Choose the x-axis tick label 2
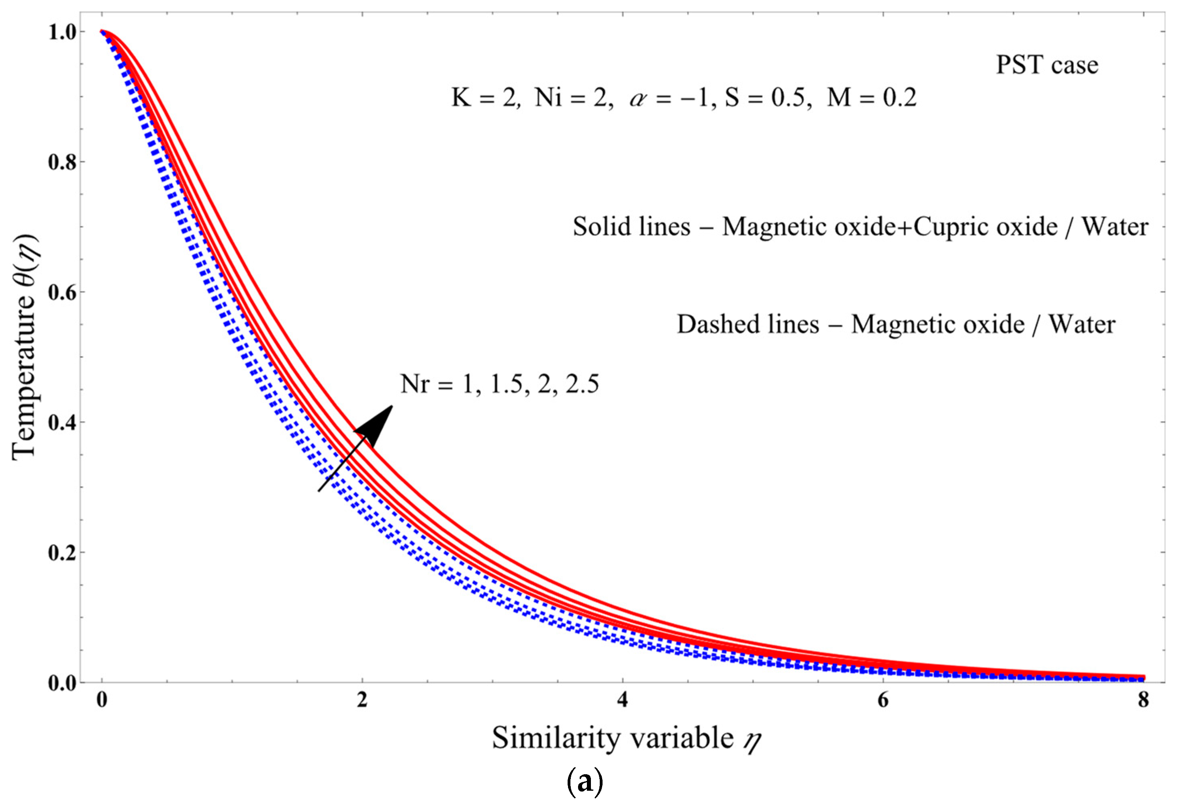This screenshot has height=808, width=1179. pyautogui.click(x=362, y=700)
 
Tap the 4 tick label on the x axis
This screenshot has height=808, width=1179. pyautogui.click(x=623, y=700)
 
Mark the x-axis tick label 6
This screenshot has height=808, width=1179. pyautogui.click(x=883, y=700)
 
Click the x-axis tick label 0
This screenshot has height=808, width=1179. pyautogui.click(x=102, y=700)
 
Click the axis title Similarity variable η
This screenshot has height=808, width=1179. pyautogui.click(x=627, y=739)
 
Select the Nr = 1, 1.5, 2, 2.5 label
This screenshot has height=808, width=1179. pyautogui.click(x=500, y=384)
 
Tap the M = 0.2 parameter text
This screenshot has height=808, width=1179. pyautogui.click(x=872, y=98)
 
